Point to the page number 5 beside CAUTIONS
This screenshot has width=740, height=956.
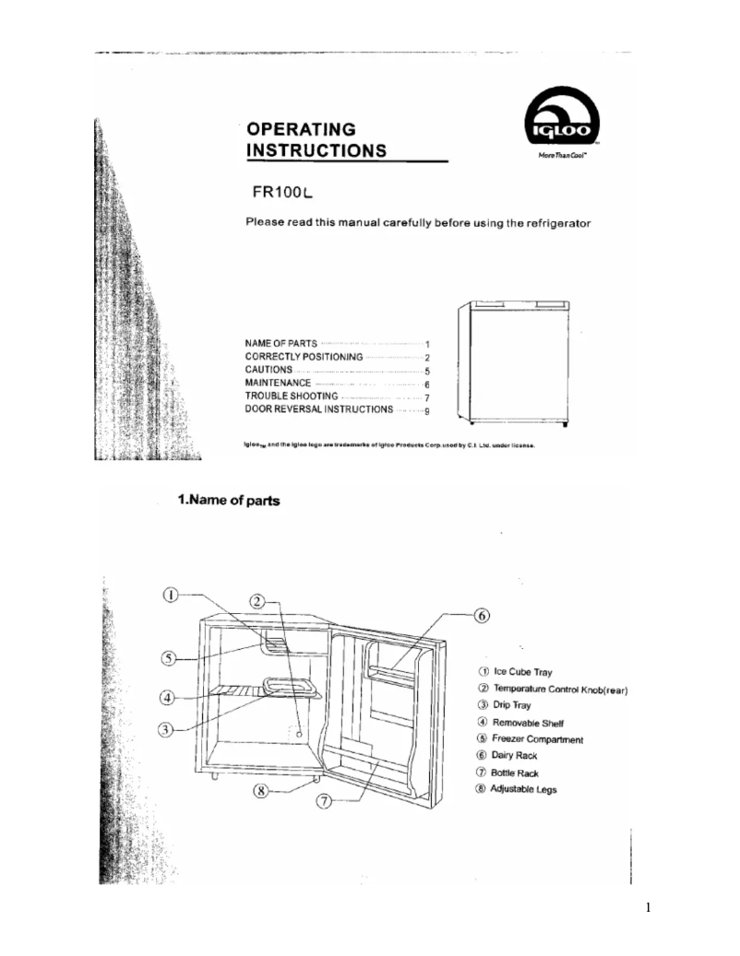pos(428,370)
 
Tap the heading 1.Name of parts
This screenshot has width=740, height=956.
pos(229,501)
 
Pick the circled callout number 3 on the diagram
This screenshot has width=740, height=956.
pos(165,729)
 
